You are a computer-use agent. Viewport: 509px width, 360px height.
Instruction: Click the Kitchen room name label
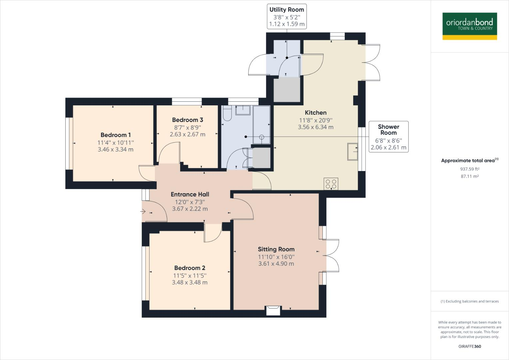click(x=315, y=113)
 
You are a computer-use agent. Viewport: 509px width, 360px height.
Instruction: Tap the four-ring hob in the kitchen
click(x=331, y=184)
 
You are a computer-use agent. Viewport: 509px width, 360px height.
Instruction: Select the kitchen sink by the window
click(x=352, y=152)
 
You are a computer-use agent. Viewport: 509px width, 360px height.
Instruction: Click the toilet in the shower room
click(x=227, y=113)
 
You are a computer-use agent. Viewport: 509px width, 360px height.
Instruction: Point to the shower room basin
click(x=243, y=110)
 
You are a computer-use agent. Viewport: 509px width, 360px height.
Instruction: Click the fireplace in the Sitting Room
click(x=273, y=310)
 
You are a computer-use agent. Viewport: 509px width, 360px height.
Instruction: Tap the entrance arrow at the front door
click(x=144, y=211)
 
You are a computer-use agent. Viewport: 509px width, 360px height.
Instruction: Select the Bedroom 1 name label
click(x=116, y=135)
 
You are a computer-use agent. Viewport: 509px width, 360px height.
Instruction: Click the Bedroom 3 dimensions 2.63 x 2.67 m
click(x=187, y=134)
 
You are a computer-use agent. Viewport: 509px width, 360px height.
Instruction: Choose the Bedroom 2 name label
click(x=190, y=268)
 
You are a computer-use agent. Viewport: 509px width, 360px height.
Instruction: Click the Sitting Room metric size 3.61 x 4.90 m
click(x=276, y=264)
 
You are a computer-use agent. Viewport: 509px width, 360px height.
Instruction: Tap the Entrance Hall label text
click(x=190, y=194)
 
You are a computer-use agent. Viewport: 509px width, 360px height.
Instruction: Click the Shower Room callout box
click(x=388, y=137)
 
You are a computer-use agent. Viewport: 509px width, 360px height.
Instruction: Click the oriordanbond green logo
click(x=469, y=26)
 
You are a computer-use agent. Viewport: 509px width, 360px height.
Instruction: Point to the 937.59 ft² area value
click(x=470, y=169)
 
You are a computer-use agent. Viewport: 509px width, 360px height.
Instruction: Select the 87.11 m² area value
click(x=470, y=176)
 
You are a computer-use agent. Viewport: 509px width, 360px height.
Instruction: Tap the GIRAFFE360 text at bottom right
click(x=470, y=346)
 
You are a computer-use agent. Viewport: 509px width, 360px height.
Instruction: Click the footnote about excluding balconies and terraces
click(x=470, y=301)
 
